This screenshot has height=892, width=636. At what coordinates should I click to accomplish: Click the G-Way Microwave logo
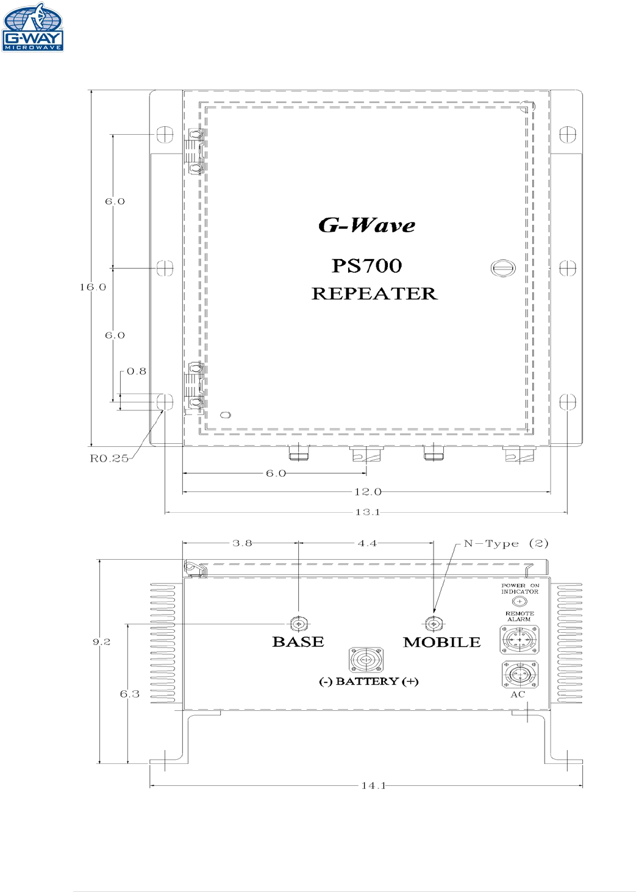tap(33, 27)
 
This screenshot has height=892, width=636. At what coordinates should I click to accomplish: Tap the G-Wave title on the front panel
tap(366, 225)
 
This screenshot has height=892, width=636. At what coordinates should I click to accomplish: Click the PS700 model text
tap(366, 266)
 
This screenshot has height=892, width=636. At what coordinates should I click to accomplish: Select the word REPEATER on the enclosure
tap(374, 293)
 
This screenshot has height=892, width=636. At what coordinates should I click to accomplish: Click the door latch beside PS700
tap(503, 268)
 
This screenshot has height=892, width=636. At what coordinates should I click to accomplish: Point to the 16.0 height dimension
tap(93, 287)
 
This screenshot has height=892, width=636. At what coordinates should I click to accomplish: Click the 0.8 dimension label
tap(137, 371)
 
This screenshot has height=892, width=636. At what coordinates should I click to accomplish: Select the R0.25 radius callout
tap(109, 458)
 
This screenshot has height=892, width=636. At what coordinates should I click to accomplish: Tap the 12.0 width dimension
tap(368, 491)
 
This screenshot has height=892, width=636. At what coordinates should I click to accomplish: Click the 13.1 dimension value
tap(368, 512)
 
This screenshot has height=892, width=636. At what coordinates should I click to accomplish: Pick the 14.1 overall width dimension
tap(373, 786)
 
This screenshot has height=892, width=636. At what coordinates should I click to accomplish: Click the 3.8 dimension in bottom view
tap(242, 543)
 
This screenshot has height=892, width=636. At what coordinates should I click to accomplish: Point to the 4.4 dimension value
tap(367, 543)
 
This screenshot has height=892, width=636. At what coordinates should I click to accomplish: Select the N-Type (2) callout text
tap(506, 543)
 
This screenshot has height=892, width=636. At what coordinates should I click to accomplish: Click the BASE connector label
tap(298, 642)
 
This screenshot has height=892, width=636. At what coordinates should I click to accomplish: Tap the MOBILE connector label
tap(441, 642)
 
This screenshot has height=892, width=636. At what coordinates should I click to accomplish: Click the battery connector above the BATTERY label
tap(366, 660)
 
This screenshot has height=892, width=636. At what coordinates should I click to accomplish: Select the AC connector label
tap(518, 694)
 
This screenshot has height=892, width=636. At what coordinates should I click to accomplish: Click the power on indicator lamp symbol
tap(519, 602)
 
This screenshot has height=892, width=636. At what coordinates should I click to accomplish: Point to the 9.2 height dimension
tap(102, 642)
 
